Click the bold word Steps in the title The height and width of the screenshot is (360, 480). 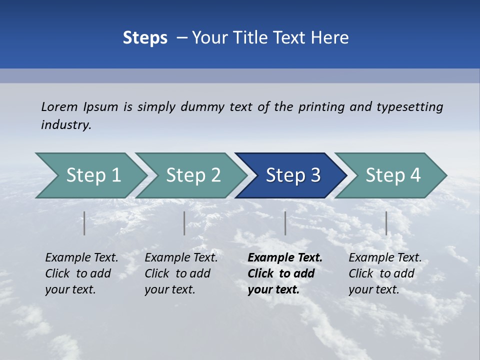click(x=145, y=38)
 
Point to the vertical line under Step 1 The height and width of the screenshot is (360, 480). click(x=84, y=223)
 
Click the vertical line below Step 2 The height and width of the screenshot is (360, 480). click(x=184, y=223)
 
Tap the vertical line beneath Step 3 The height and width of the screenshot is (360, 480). click(x=285, y=223)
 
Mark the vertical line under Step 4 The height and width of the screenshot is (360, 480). click(x=386, y=223)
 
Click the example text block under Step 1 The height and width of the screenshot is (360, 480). click(x=81, y=273)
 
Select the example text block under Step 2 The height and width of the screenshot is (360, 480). click(x=181, y=273)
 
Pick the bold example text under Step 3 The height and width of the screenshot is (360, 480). click(x=284, y=273)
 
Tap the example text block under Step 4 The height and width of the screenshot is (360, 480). click(x=384, y=273)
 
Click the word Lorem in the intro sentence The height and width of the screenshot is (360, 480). click(x=59, y=107)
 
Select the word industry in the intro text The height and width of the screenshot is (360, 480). click(x=66, y=125)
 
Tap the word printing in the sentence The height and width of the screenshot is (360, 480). click(x=321, y=107)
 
